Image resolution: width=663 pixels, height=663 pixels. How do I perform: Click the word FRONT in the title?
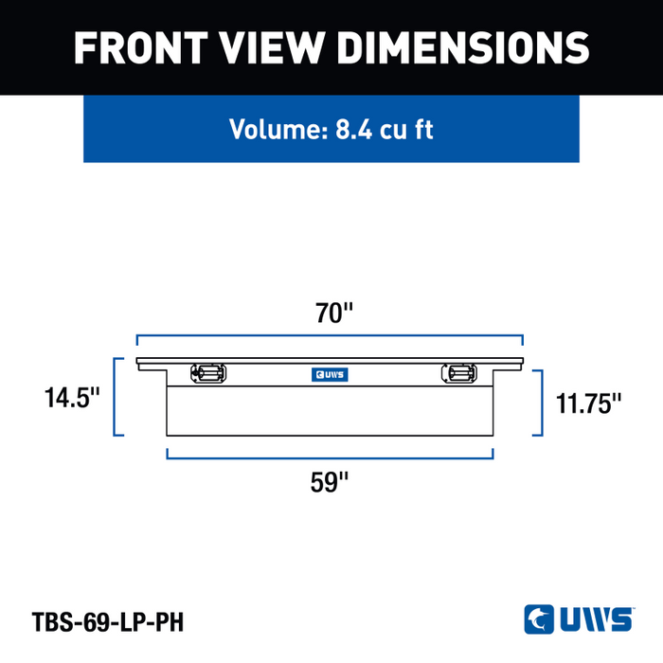click(x=141, y=47)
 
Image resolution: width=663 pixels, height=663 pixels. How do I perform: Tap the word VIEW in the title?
click(x=272, y=47)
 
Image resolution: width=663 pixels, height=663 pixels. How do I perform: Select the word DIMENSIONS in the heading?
click(x=463, y=47)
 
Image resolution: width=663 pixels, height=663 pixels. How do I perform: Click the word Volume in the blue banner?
click(x=278, y=129)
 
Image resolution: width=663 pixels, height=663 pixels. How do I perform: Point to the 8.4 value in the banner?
click(x=354, y=129)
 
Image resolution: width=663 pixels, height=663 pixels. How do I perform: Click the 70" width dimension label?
click(x=334, y=313)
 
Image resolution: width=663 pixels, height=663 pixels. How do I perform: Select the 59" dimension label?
click(x=330, y=482)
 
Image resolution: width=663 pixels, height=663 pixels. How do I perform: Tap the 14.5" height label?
click(x=72, y=398)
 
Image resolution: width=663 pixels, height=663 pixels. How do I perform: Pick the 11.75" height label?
click(x=588, y=403)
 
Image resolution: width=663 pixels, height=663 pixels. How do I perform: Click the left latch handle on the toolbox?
click(x=208, y=373)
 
